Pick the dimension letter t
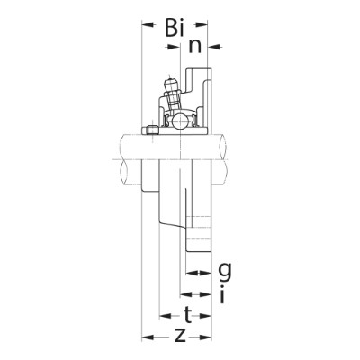click(186, 314)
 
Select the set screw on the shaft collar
click(151, 130)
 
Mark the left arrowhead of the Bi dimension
click(147, 25)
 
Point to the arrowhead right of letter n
click(218, 43)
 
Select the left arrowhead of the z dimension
click(147, 338)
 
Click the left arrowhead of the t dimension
click(165, 316)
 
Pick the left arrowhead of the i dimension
click(183, 293)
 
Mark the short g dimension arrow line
click(198, 271)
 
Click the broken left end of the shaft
click(120, 159)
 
